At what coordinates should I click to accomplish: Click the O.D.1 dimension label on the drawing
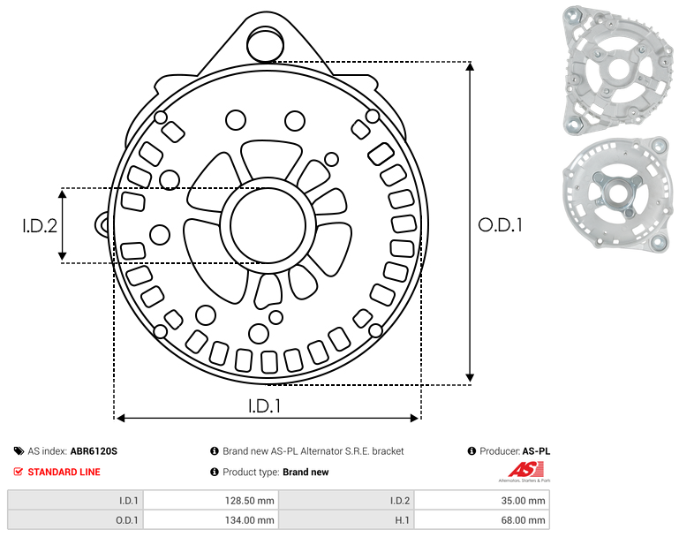[x=500, y=225]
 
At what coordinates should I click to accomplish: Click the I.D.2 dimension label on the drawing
[x=40, y=225]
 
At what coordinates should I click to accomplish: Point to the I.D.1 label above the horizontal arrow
[x=265, y=405]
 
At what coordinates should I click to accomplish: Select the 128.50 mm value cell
[x=211, y=501]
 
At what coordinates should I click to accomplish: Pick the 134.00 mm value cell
[x=211, y=520]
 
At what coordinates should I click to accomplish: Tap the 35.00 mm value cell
[x=482, y=501]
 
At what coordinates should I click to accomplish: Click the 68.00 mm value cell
[x=482, y=520]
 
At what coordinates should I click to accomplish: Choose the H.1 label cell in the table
[x=346, y=520]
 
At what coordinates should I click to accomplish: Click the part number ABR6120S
[x=94, y=451]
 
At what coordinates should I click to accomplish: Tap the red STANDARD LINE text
[x=64, y=472]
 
